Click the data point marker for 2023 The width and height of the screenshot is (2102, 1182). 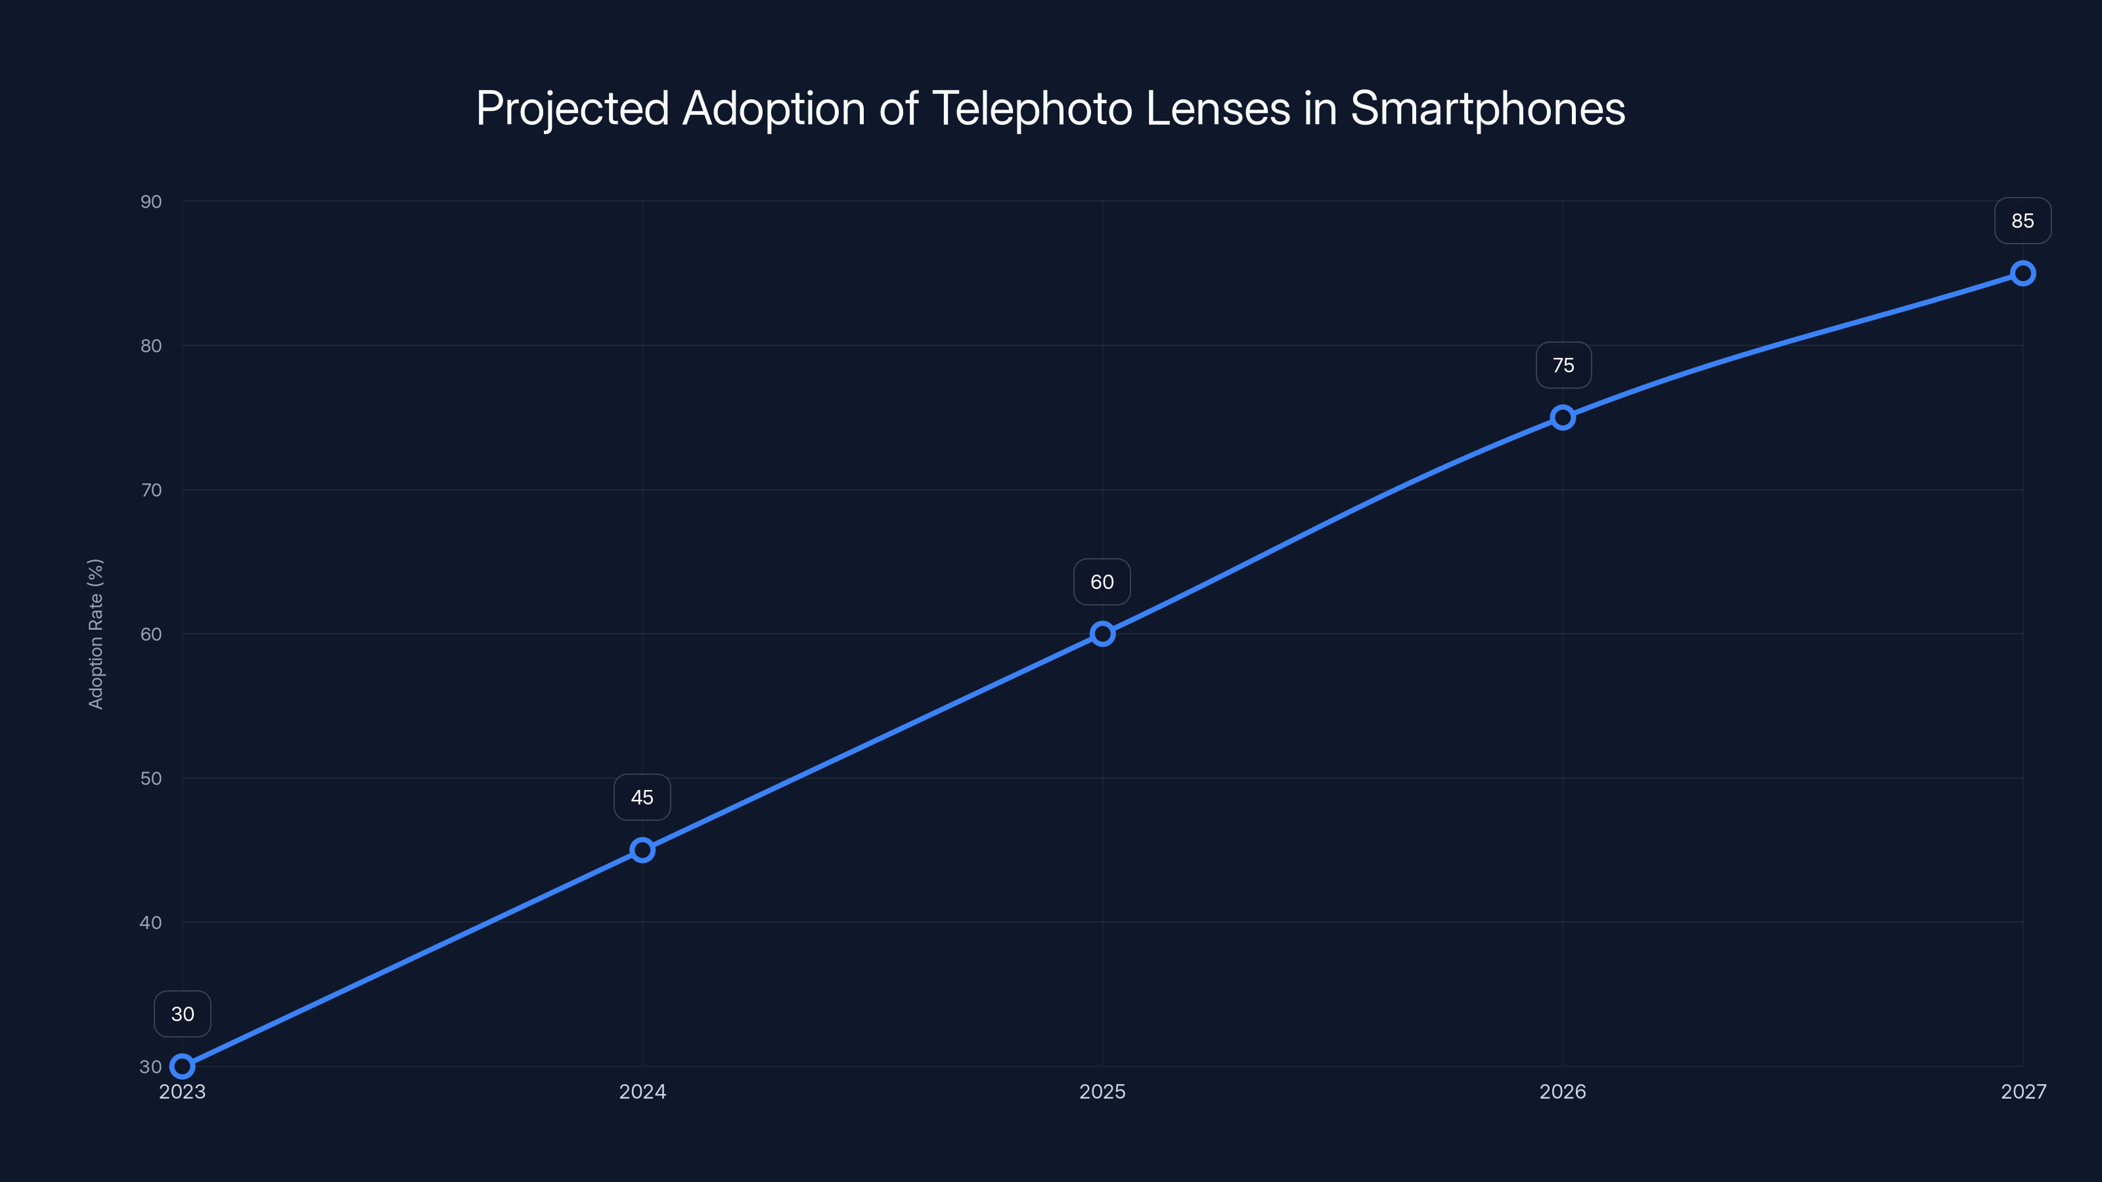click(x=182, y=1066)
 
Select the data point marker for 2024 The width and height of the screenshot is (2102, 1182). click(x=642, y=850)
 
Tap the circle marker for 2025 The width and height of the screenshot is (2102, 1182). click(x=1102, y=634)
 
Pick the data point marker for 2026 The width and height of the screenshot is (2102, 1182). click(x=1563, y=418)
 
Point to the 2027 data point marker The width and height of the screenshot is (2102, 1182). click(x=2023, y=273)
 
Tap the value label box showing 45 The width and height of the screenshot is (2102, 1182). click(x=642, y=798)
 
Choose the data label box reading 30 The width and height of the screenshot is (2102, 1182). click(x=183, y=1014)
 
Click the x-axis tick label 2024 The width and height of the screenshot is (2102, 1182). click(x=642, y=1091)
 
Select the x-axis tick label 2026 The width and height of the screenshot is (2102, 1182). click(x=1563, y=1091)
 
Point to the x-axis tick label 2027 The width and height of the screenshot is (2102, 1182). click(x=2023, y=1091)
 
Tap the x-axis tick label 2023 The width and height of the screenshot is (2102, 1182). click(x=182, y=1091)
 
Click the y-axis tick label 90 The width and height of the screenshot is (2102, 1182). click(x=151, y=202)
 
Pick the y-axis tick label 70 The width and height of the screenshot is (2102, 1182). click(x=151, y=491)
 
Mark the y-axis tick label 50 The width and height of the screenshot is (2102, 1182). click(x=151, y=778)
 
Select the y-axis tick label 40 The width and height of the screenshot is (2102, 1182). click(x=151, y=923)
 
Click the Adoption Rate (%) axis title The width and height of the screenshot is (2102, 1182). click(x=95, y=634)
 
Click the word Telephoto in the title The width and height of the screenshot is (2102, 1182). click(x=1031, y=108)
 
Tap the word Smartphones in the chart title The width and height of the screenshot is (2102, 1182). click(x=1487, y=108)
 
